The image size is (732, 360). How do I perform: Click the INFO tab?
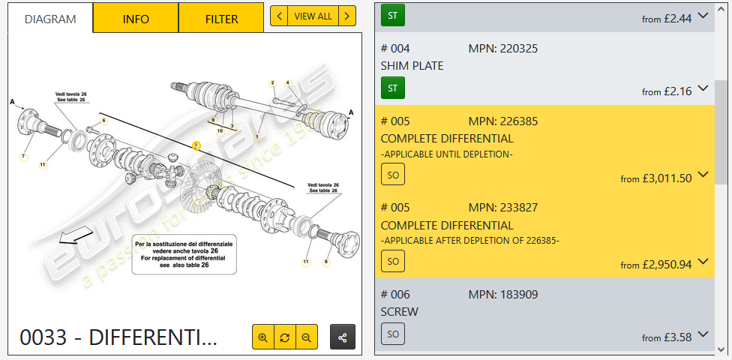click(136, 19)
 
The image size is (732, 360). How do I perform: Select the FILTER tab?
click(221, 19)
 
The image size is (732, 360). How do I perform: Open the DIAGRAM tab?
click(50, 19)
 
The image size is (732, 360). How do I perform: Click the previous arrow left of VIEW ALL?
click(279, 16)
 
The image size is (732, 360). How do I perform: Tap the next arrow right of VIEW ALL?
click(347, 16)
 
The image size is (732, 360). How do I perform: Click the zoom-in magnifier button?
click(262, 337)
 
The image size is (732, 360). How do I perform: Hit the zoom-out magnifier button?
click(306, 337)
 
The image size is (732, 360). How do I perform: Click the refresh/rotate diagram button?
click(284, 337)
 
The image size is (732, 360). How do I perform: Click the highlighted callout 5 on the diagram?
click(196, 145)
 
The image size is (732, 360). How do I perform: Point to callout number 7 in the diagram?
click(23, 157)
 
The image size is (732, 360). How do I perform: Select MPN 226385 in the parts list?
click(502, 121)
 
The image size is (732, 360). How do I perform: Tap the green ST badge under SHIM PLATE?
click(392, 88)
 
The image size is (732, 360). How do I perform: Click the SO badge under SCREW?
click(392, 333)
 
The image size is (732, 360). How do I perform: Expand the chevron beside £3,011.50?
click(703, 175)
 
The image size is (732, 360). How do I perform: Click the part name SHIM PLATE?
click(412, 66)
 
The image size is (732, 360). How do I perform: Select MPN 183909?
click(502, 294)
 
